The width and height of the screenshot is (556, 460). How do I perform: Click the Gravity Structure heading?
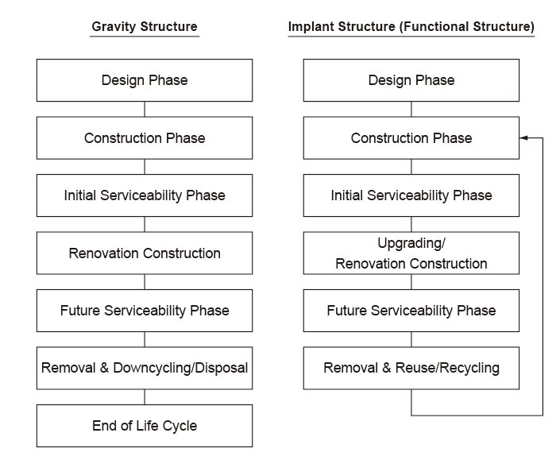(x=145, y=26)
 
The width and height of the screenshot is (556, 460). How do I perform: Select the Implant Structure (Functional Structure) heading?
(x=411, y=26)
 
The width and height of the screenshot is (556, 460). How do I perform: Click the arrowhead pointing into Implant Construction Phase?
(x=523, y=138)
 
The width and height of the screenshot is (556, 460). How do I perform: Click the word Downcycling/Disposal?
(x=180, y=368)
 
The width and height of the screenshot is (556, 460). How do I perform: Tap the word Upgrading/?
(x=411, y=243)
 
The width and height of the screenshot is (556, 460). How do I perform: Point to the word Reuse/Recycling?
(x=447, y=368)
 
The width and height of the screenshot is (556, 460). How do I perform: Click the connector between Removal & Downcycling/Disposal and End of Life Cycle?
(x=145, y=397)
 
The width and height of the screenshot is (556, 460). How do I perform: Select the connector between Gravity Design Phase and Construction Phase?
(x=145, y=109)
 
